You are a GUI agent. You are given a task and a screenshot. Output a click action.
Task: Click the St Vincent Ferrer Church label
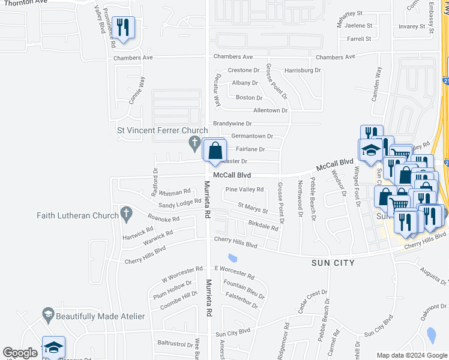pos(162,130)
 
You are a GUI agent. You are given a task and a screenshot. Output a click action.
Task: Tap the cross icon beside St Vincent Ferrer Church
pos(194,143)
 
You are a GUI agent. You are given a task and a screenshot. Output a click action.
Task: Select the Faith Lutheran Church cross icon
pos(125,213)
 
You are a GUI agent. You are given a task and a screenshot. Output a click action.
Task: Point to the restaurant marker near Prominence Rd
pos(123,28)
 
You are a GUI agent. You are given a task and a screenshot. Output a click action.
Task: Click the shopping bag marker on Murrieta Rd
pos(215,151)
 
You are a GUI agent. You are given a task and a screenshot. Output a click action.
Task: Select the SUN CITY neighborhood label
pos(333,263)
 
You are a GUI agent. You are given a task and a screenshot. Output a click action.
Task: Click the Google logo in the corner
pos(20,353)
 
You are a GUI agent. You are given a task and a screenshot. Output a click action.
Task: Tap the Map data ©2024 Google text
pos(411,355)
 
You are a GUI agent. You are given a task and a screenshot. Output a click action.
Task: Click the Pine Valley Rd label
pos(244,190)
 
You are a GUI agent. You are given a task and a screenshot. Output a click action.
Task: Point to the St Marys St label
pos(253,208)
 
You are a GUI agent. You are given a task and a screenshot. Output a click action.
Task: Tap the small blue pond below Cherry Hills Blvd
pos(232,259)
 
